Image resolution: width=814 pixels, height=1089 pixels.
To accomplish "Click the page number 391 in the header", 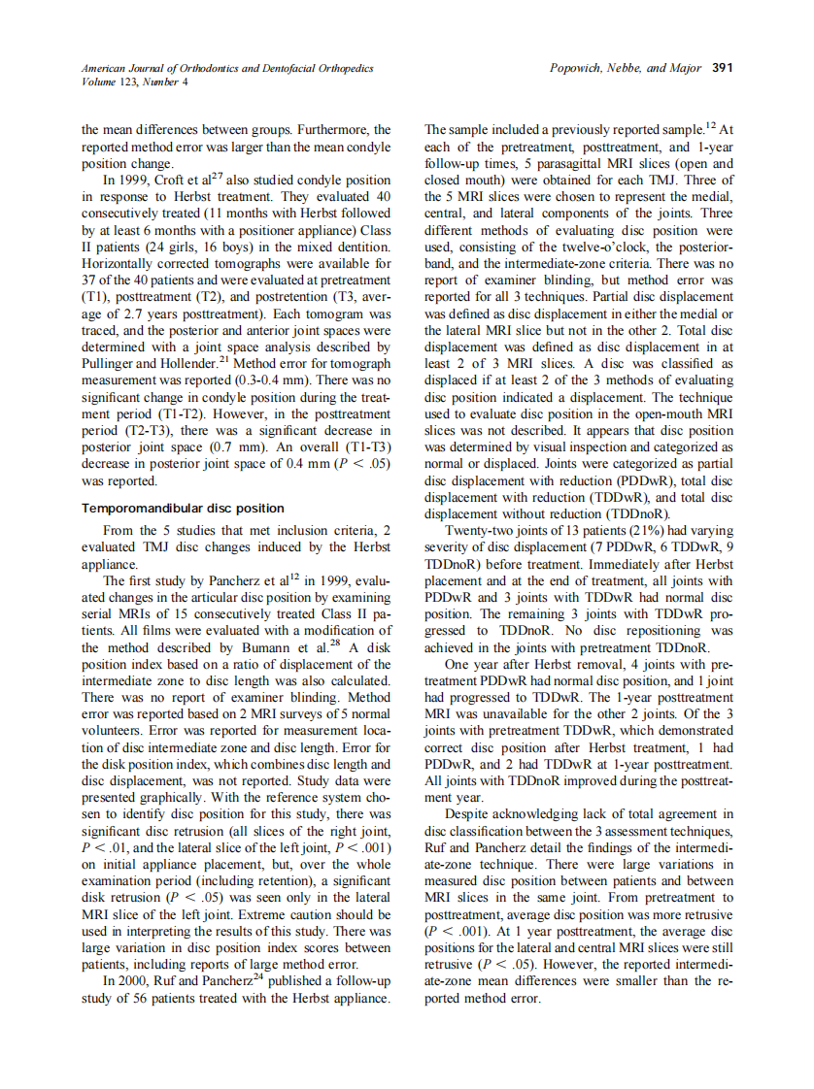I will (x=722, y=69).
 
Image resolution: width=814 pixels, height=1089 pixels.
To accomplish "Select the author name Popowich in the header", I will (x=579, y=69).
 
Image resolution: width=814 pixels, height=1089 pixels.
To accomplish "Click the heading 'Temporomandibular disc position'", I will (x=183, y=508).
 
